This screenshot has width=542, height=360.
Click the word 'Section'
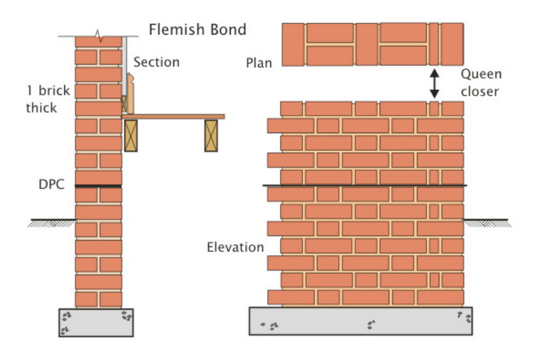point(156,62)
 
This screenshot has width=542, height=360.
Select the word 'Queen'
point(482,74)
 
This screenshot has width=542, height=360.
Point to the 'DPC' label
point(52,185)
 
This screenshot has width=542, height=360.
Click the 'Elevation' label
point(236,247)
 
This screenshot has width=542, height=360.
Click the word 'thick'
point(41,108)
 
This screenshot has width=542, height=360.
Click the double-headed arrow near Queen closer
point(434,84)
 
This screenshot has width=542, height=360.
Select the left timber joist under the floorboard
point(131,135)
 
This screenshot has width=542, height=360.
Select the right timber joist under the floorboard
point(211,135)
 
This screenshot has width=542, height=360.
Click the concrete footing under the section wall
point(96,322)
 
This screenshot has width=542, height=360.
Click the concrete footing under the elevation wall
point(362,322)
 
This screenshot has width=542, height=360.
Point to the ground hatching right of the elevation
point(487,223)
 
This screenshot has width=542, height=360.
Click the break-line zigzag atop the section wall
point(98,32)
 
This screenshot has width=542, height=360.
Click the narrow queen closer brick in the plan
point(434,45)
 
